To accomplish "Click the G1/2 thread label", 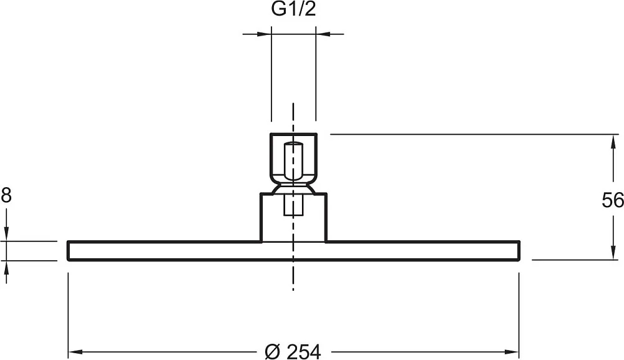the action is [293, 9].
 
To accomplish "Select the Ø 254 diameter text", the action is [293, 352].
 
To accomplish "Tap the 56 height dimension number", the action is [613, 200].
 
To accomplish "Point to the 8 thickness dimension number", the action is [6, 196].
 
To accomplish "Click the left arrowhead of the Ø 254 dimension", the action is [76, 352].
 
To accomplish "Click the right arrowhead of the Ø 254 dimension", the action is [512, 352].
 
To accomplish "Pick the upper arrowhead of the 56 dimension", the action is [612, 142].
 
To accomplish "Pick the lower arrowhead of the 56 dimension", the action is [612, 253].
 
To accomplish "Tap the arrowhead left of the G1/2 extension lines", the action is [264, 34].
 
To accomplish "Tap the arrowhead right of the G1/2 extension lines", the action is [323, 34].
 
